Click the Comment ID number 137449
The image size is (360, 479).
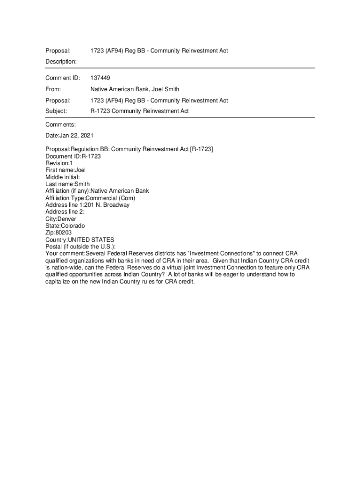(x=100, y=78)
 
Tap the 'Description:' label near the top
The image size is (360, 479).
(x=61, y=62)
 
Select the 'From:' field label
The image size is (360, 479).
(x=53, y=89)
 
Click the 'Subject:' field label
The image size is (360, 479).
(x=56, y=111)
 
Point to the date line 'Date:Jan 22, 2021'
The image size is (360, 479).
(x=69, y=135)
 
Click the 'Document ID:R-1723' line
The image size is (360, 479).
(x=73, y=156)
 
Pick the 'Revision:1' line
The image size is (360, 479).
(x=59, y=163)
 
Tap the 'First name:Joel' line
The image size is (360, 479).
(x=65, y=170)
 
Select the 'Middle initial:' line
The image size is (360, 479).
(x=63, y=177)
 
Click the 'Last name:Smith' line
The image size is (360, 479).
(x=67, y=184)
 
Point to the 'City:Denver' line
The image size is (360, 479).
(x=61, y=219)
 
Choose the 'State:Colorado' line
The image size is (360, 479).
(x=65, y=226)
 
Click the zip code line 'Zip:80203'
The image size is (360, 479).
(x=59, y=233)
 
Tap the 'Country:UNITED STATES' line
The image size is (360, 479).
(x=79, y=240)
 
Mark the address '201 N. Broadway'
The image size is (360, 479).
(x=108, y=205)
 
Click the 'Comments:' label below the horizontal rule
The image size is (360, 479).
(x=60, y=124)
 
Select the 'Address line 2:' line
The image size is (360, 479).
(x=65, y=212)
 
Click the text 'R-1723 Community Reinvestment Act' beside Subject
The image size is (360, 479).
(x=139, y=111)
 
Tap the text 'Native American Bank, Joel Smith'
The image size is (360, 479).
(x=135, y=89)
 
